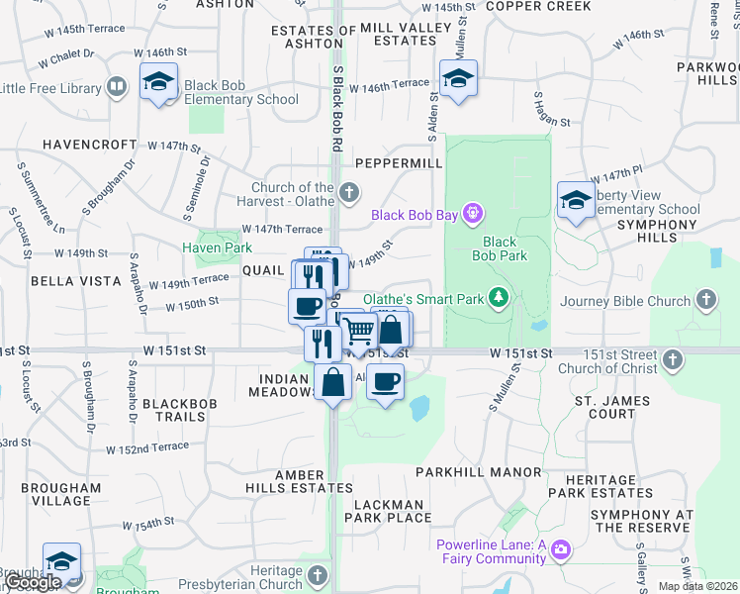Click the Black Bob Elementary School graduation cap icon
click(x=158, y=83)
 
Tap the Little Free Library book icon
click(x=117, y=87)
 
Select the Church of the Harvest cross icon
click(x=347, y=191)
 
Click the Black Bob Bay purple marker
click(x=473, y=213)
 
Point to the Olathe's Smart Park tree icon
click(x=501, y=297)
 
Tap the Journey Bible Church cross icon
click(x=705, y=299)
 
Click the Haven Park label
click(x=211, y=247)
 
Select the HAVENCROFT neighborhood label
click(x=89, y=145)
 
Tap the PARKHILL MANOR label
click(x=479, y=473)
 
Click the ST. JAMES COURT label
click(x=613, y=407)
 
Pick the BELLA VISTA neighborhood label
click(x=76, y=281)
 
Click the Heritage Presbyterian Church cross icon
click(x=318, y=574)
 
